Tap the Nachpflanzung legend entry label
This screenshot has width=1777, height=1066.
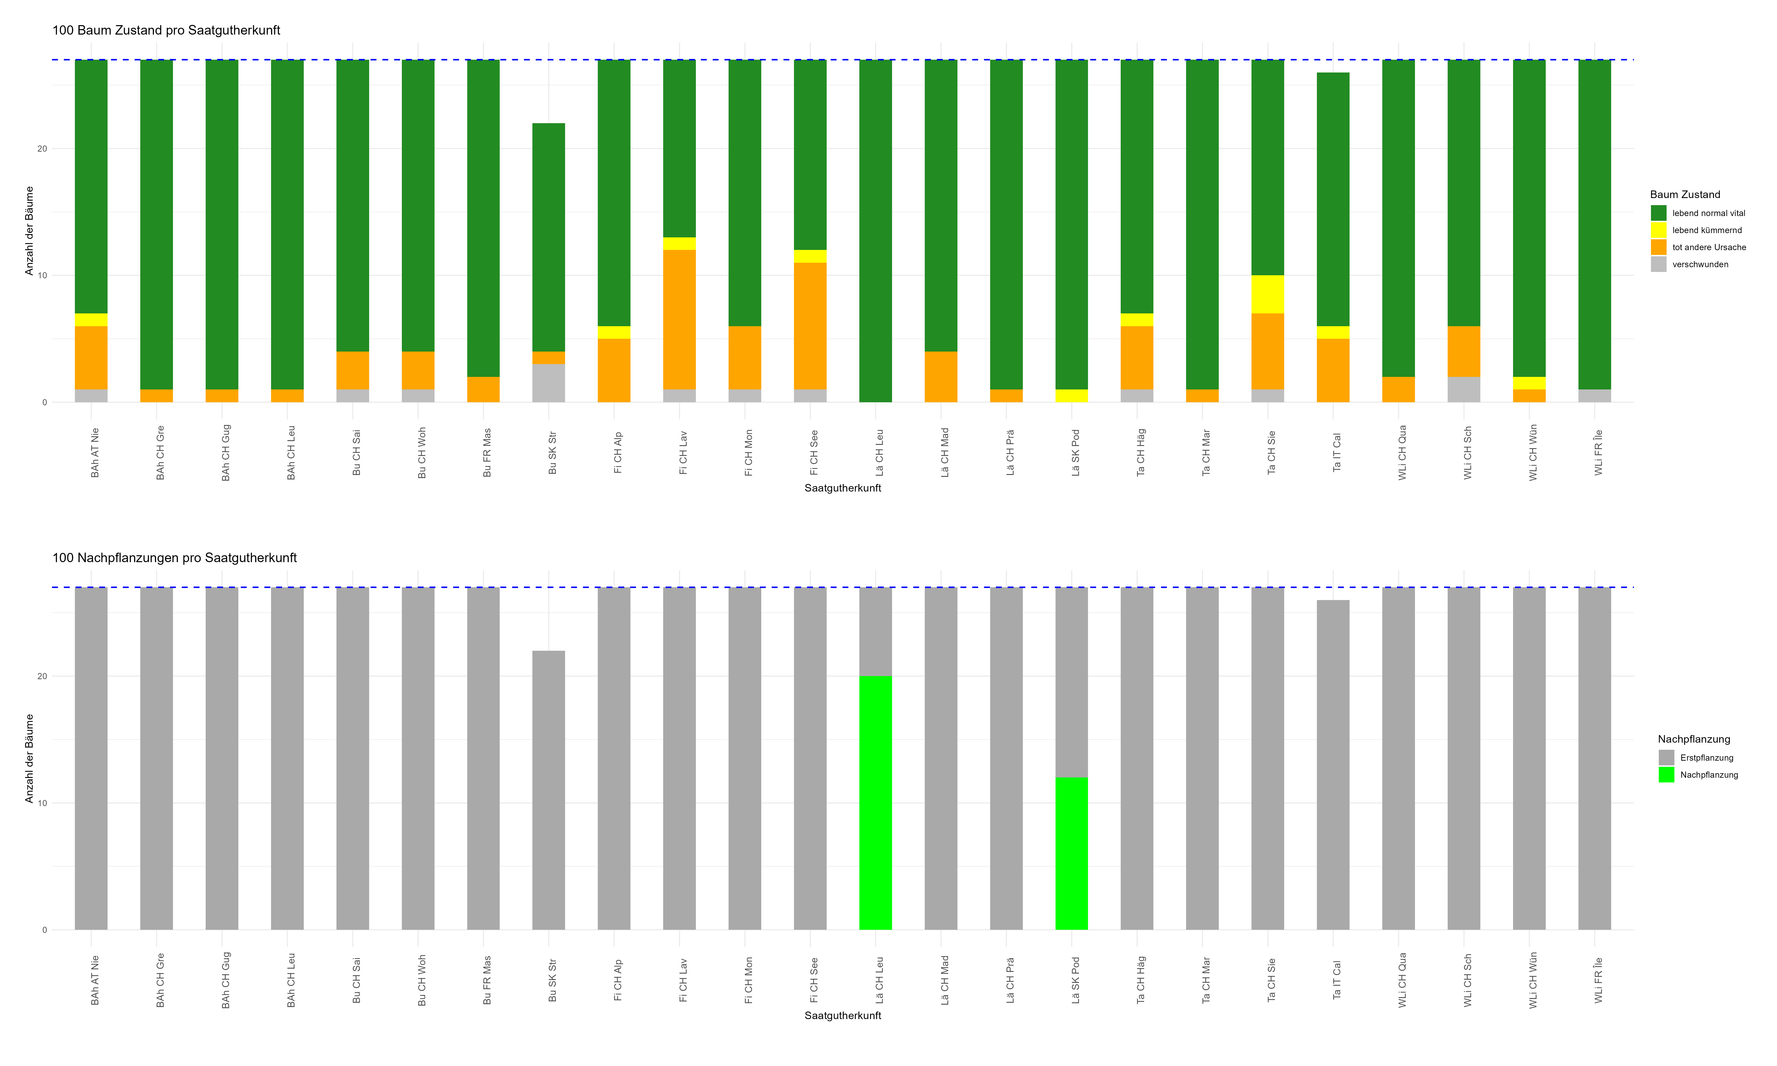point(1709,775)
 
